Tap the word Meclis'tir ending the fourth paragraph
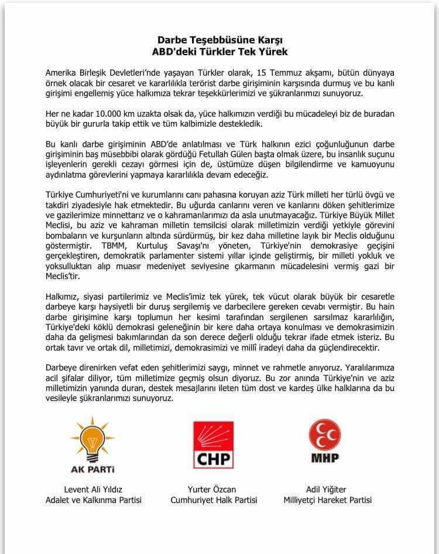tap(60, 269)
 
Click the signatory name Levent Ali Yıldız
tap(93, 489)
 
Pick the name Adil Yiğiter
tap(327, 489)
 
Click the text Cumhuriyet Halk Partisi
tap(214, 500)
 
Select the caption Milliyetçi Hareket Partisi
tap(327, 500)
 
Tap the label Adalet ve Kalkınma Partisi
tap(93, 500)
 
